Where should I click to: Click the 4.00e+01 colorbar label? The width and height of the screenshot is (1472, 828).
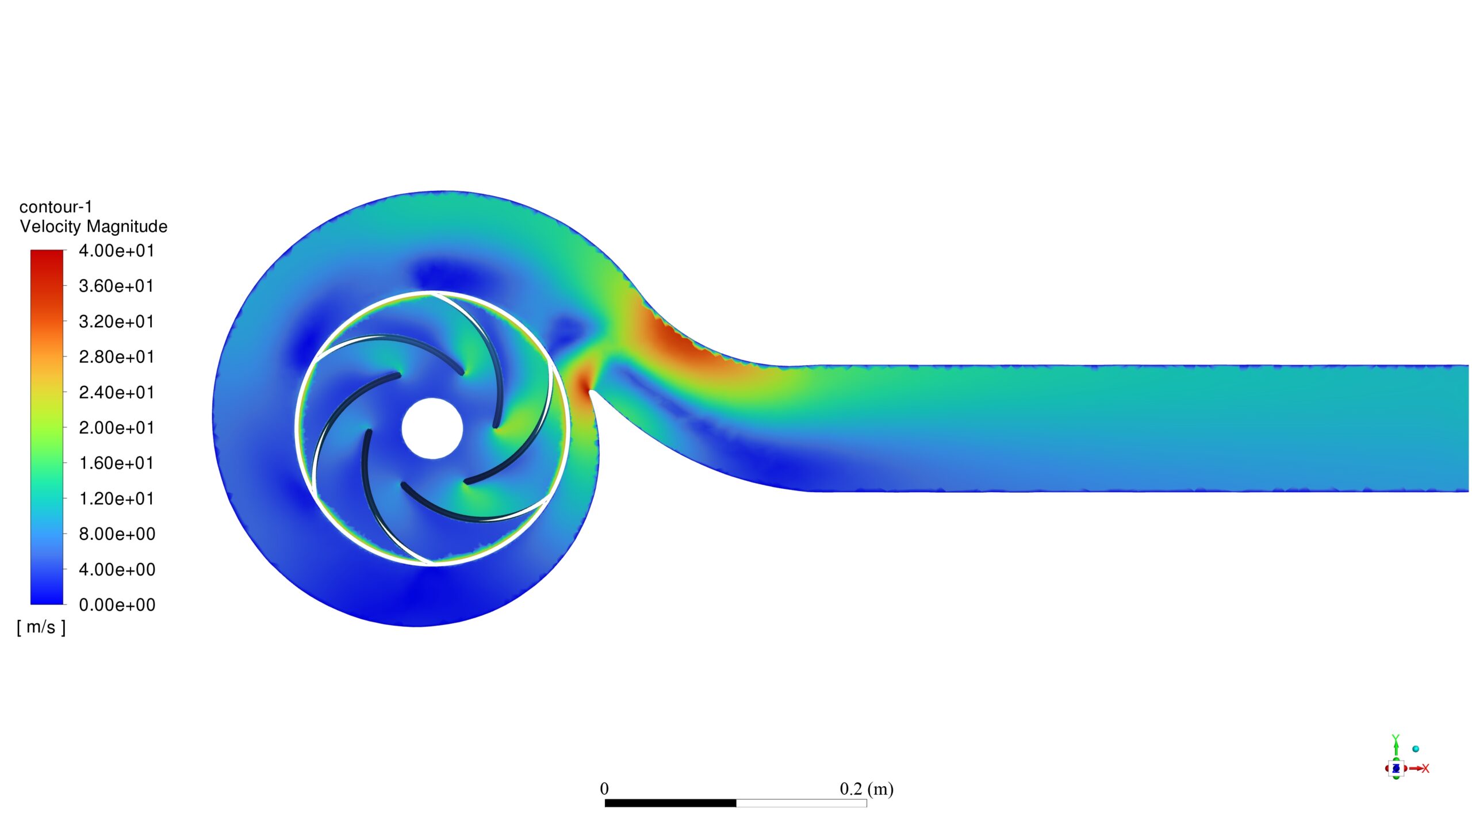tap(117, 251)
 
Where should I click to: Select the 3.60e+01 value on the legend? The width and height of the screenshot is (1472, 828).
tap(117, 286)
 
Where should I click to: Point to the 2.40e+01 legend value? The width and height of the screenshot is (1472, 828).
tap(117, 393)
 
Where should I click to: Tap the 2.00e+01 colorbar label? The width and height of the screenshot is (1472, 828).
tap(117, 428)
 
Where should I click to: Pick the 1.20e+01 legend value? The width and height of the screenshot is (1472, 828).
tap(117, 499)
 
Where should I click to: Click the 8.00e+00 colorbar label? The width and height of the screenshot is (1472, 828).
tap(117, 534)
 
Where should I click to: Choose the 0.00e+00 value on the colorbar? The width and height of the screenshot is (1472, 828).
tap(117, 605)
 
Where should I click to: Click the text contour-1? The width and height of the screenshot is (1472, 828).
tap(56, 207)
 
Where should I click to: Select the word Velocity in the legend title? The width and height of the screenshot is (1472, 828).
tap(51, 227)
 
